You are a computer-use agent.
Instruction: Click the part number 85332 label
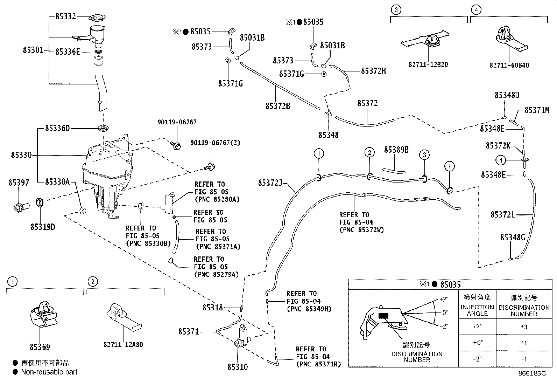(66, 16)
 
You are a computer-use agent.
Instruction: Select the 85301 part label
(33, 50)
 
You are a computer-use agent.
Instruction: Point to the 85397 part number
(19, 183)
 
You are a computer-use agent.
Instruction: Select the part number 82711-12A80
(123, 345)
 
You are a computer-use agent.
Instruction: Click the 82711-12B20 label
(428, 65)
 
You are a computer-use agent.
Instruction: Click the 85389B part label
(396, 150)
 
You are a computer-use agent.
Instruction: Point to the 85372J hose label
(270, 183)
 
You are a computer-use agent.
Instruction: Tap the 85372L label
(502, 214)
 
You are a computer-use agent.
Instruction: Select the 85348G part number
(513, 238)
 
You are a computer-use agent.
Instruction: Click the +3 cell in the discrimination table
(523, 327)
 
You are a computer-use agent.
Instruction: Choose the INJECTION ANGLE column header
(477, 310)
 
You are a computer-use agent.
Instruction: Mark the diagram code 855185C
(532, 373)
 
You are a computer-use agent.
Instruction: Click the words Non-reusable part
(49, 372)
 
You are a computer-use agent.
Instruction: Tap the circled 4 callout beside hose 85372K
(501, 160)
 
